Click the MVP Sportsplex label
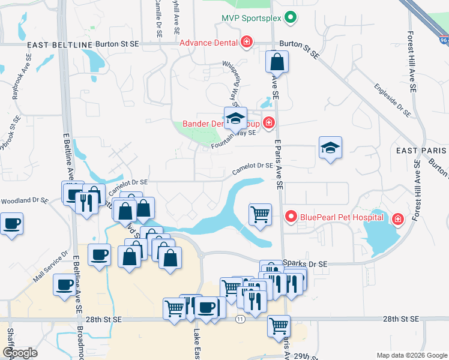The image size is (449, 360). [x=250, y=17]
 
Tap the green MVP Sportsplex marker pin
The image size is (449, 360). [x=291, y=17]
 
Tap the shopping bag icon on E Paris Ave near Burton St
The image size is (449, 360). [x=277, y=61]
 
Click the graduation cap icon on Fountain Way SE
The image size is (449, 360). [x=236, y=118]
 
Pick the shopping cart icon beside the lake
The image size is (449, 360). [x=260, y=214]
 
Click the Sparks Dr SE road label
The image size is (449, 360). [x=305, y=264]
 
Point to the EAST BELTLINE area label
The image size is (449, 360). [x=60, y=45]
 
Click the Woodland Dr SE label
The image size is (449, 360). [x=24, y=200]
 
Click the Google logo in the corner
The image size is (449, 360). [x=20, y=353]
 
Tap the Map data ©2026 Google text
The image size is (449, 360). [x=411, y=355]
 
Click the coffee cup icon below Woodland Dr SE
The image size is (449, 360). [x=11, y=224]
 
